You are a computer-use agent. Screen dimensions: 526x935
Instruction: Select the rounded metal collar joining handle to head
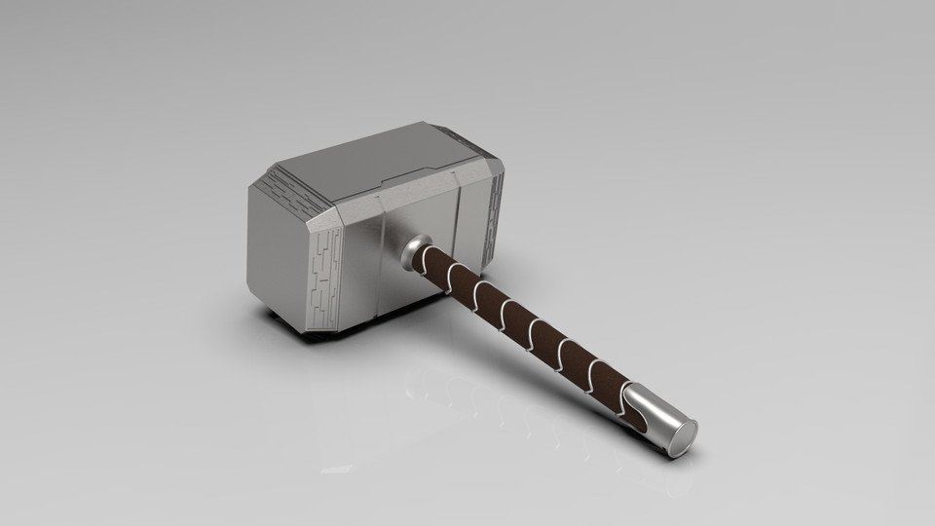pos(416,250)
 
